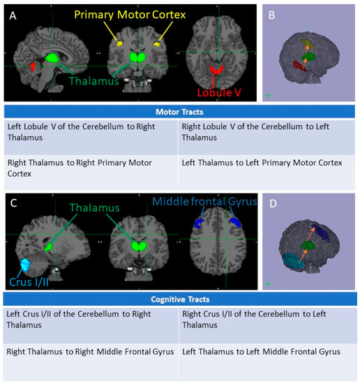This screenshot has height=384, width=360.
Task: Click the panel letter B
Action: pyautogui.click(x=273, y=14)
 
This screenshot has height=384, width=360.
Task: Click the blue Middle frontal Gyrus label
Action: pyautogui.click(x=204, y=202)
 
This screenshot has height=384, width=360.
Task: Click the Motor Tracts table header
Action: pyautogui.click(x=179, y=111)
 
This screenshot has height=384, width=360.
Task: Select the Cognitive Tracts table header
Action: pyautogui.click(x=179, y=300)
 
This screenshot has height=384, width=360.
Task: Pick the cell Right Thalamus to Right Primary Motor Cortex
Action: pyautogui.click(x=91, y=168)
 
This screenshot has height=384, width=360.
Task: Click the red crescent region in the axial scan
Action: pyautogui.click(x=219, y=70)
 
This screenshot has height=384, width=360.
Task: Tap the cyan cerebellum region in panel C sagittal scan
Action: pyautogui.click(x=29, y=265)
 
